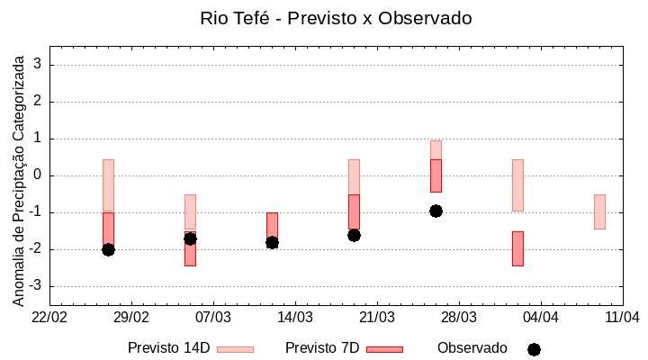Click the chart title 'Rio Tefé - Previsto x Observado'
click(335, 18)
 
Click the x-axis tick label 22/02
click(49, 318)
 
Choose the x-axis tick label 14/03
click(295, 318)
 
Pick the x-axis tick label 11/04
click(622, 318)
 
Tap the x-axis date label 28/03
click(459, 318)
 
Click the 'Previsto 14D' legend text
click(168, 348)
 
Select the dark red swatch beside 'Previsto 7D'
click(384, 349)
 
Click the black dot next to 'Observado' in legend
click(534, 349)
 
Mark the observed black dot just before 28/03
click(436, 211)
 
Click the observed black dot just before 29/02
click(108, 249)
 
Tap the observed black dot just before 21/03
click(354, 235)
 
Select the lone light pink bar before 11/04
click(599, 211)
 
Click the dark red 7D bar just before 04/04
click(517, 248)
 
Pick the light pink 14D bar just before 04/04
click(517, 185)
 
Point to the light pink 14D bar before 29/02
click(108, 185)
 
